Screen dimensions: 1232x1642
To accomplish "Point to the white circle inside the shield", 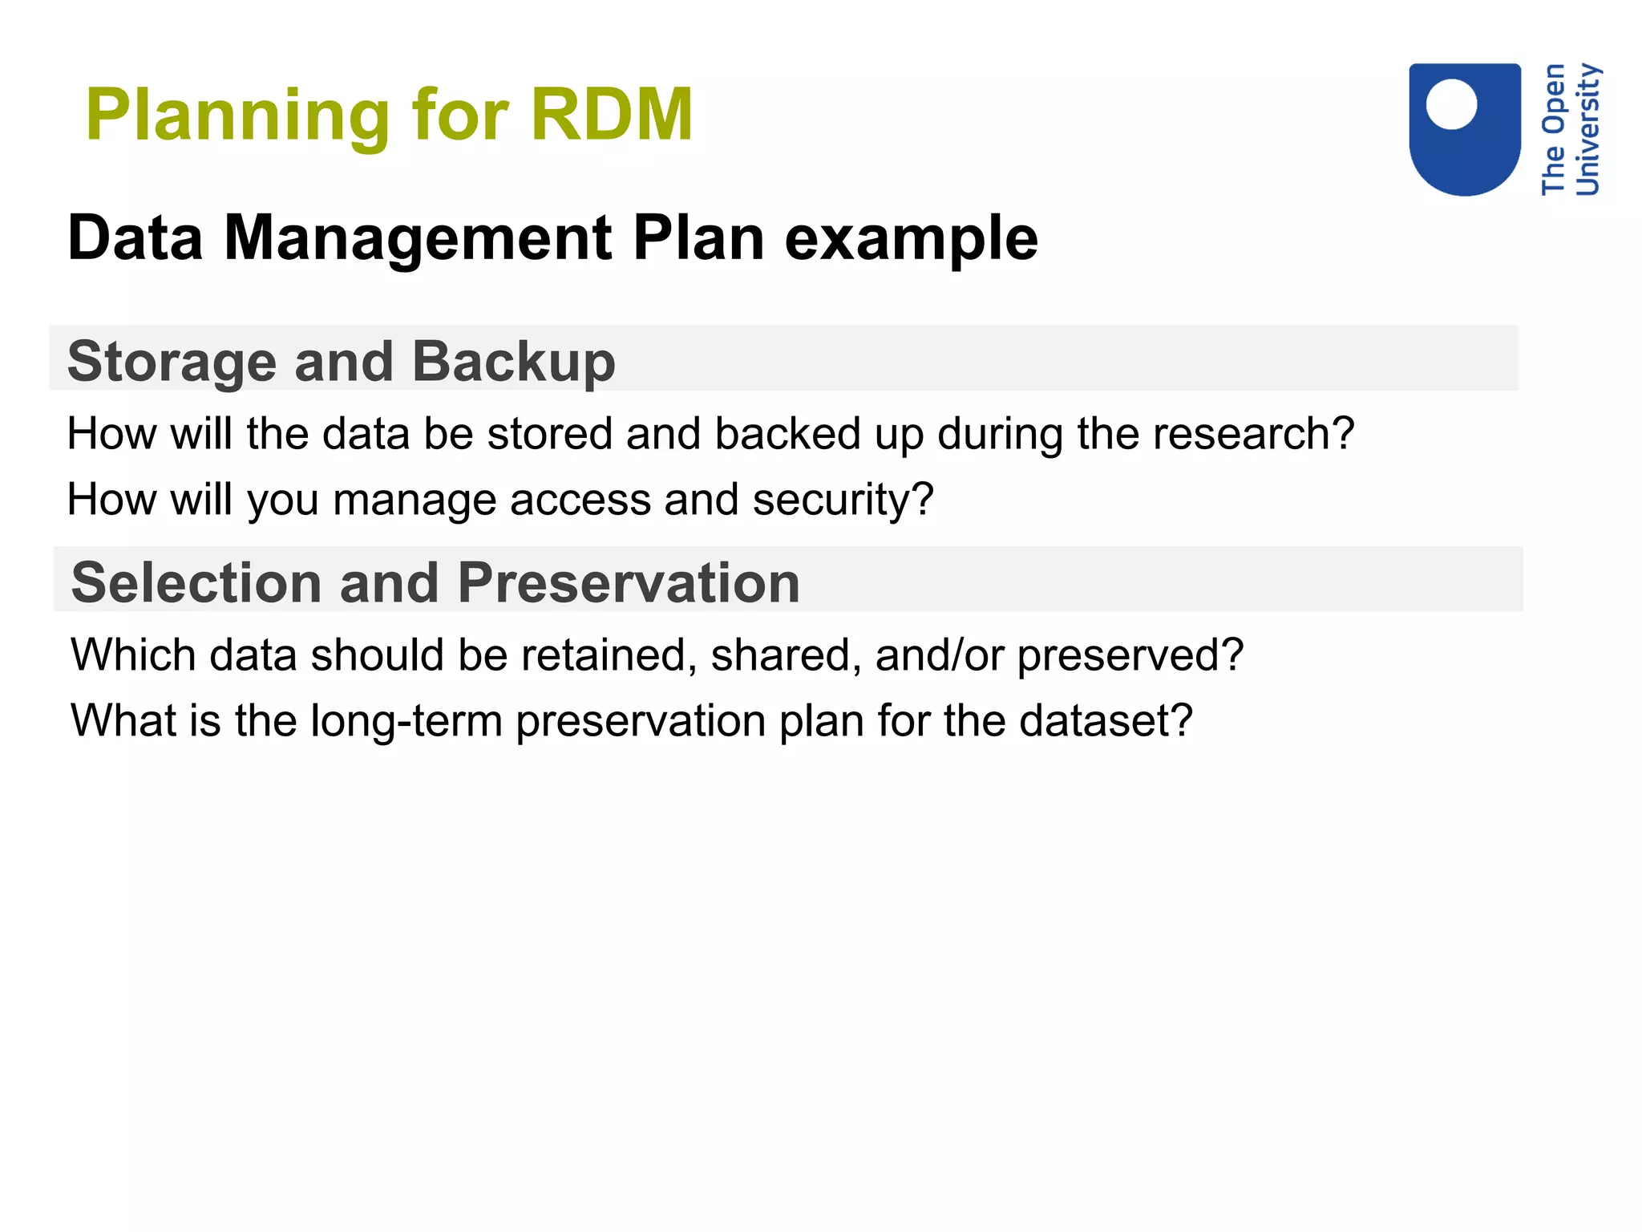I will pos(1451,103).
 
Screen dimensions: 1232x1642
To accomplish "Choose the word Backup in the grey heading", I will pos(513,362).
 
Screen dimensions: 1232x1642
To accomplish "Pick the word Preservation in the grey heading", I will pos(629,582).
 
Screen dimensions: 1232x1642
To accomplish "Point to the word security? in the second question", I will pos(843,500).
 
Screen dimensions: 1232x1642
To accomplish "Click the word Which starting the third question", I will pos(133,655).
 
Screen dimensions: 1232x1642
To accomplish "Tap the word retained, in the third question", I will pos(609,655).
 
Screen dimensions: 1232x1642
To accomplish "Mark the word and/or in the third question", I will pos(939,655).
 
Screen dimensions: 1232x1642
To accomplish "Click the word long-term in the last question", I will pos(406,722).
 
